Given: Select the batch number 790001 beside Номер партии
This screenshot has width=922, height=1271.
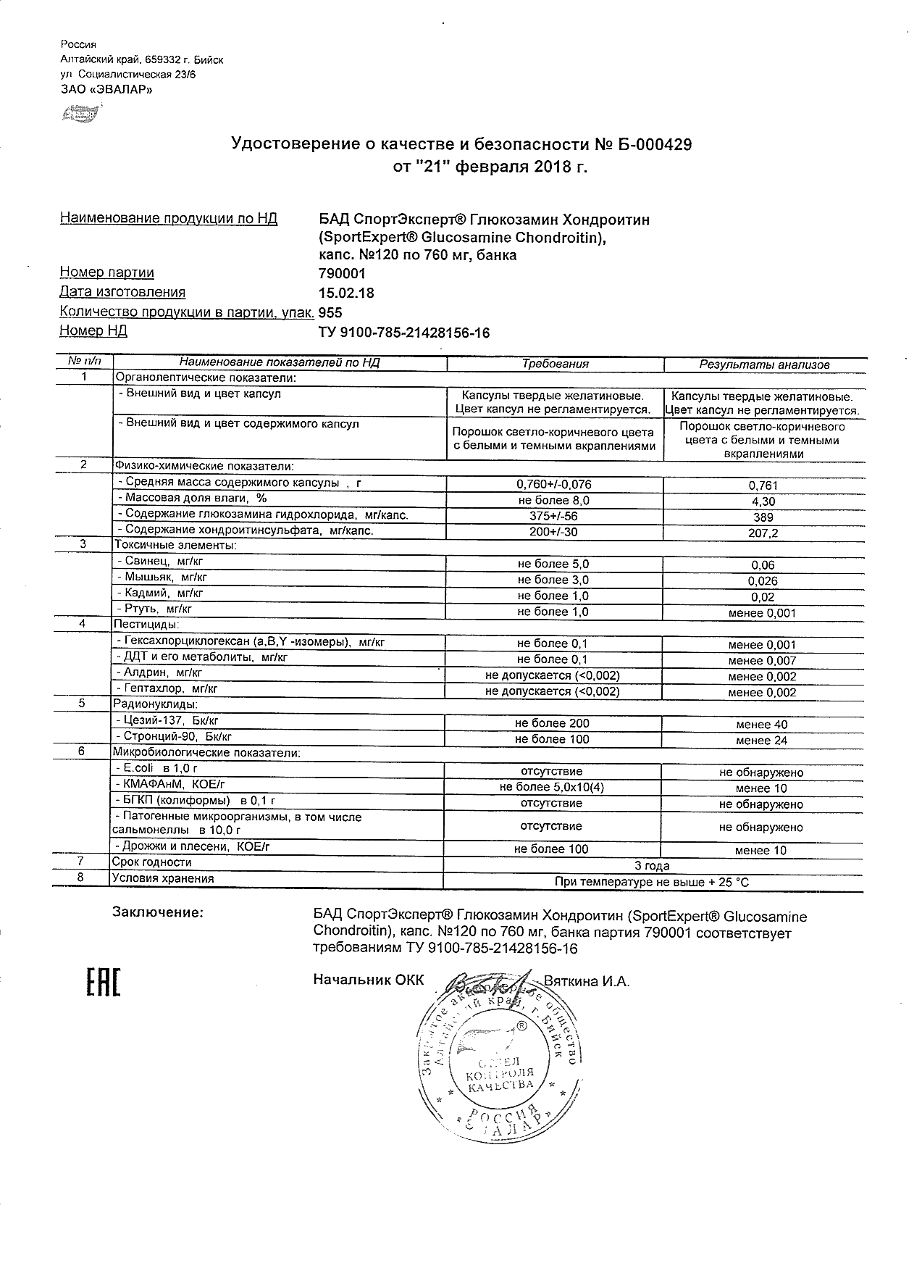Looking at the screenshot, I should (x=343, y=273).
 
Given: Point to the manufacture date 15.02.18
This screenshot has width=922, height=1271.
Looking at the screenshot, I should (x=347, y=293).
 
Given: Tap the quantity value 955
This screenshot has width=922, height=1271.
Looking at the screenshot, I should (x=330, y=312).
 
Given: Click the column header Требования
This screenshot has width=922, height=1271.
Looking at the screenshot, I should (x=556, y=364).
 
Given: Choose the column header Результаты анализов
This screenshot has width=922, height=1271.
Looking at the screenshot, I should (x=764, y=365).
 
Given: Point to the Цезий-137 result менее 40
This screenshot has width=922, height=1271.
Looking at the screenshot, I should (x=761, y=725).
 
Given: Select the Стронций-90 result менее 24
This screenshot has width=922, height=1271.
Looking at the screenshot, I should (x=761, y=741).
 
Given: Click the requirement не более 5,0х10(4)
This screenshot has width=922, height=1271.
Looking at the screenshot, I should (x=552, y=788).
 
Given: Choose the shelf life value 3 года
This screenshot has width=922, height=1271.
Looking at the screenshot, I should (x=652, y=866).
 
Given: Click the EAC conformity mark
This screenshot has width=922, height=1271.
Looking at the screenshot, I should (x=103, y=982).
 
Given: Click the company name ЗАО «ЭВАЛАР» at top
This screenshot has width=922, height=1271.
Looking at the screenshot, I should (x=106, y=90).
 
